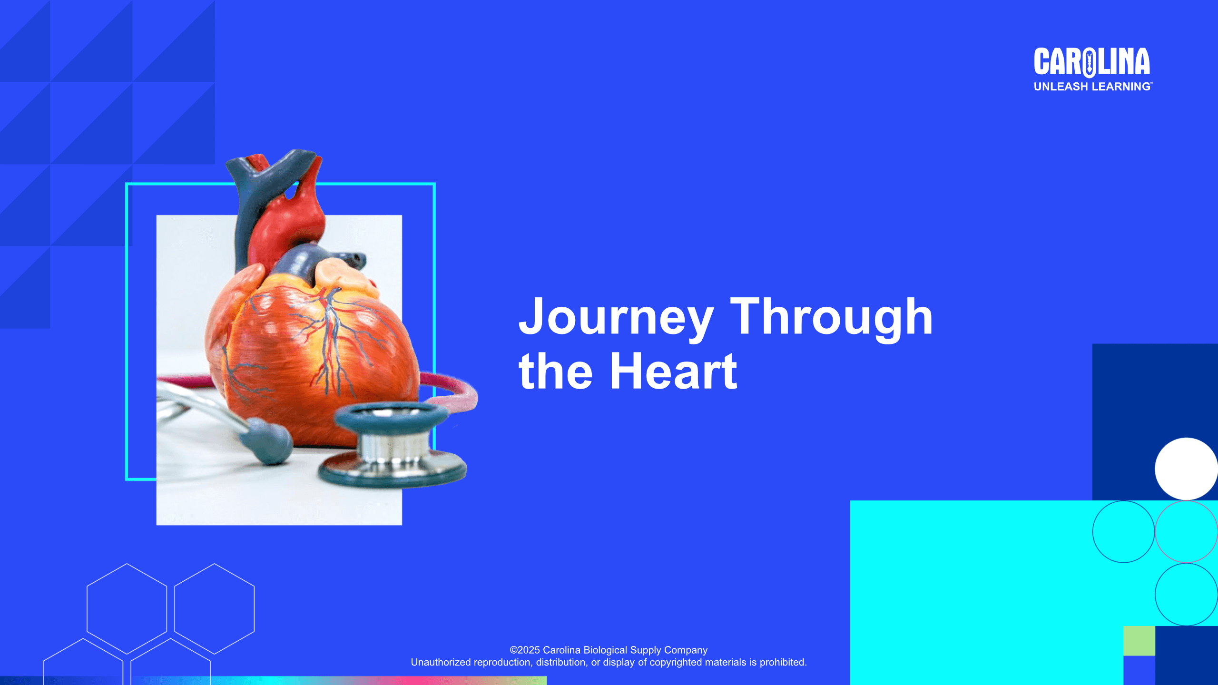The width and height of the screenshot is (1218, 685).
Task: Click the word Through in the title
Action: (x=831, y=317)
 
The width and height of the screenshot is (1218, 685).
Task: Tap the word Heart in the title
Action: (x=673, y=372)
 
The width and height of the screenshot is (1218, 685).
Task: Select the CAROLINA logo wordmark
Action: (x=1092, y=62)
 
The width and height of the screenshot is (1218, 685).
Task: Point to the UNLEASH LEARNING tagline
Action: (x=1093, y=87)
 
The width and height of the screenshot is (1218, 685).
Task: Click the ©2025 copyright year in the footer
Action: (x=525, y=650)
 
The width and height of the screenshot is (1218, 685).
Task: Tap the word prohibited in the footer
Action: (x=783, y=662)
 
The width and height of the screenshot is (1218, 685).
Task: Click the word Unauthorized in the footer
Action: (x=441, y=662)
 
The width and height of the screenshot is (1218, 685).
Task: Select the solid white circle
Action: (x=1186, y=469)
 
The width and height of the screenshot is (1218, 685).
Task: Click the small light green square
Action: (x=1139, y=641)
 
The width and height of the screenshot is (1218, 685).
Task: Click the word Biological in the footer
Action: (x=605, y=650)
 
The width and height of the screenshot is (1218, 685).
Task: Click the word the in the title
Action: (x=556, y=372)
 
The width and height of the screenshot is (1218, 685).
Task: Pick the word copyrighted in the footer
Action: (x=676, y=663)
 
